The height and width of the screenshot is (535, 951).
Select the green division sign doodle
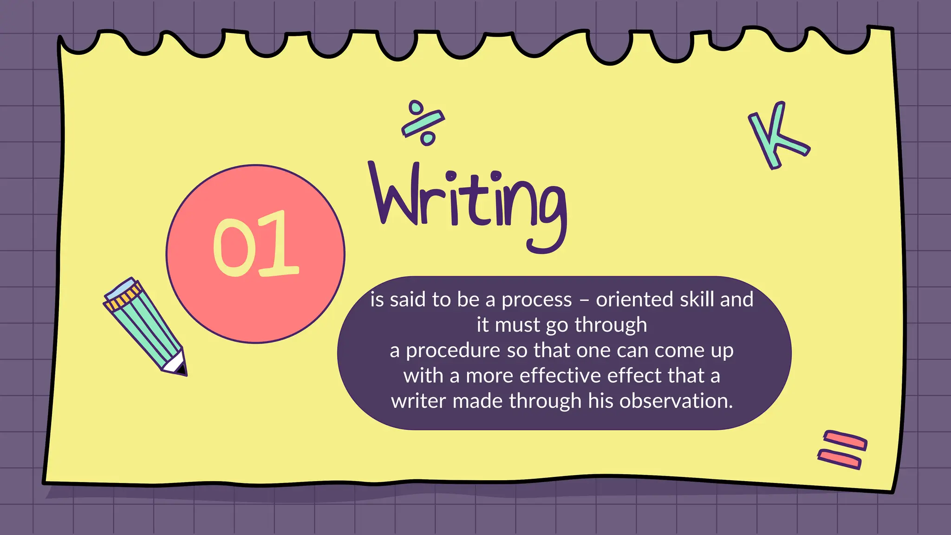point(423,123)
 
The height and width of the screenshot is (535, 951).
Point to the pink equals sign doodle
point(842,450)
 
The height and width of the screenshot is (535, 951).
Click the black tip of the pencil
point(182,370)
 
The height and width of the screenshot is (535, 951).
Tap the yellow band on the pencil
point(123,298)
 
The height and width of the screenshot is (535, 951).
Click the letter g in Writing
point(548,214)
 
